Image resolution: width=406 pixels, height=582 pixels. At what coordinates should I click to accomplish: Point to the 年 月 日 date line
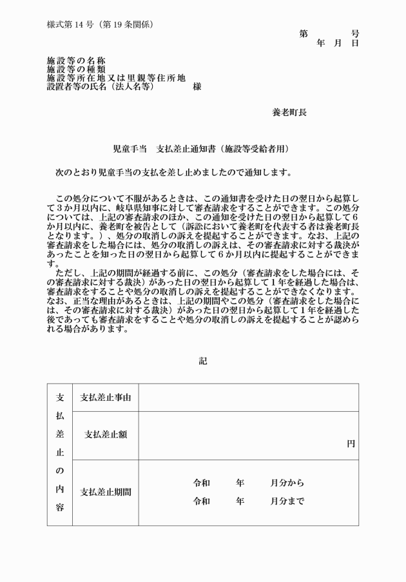tap(337, 43)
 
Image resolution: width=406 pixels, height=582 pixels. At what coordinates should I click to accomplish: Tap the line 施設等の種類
tap(76, 69)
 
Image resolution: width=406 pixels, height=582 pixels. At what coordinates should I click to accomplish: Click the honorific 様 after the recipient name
tap(197, 86)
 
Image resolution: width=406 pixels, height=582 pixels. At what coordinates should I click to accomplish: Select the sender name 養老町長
tap(289, 112)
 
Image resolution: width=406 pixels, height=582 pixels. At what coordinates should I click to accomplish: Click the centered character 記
tap(203, 361)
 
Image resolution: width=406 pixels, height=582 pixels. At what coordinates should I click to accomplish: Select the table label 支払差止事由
tap(105, 398)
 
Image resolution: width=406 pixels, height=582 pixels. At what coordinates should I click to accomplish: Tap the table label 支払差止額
tap(105, 434)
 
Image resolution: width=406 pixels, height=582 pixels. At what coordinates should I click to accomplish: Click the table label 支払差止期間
tap(105, 492)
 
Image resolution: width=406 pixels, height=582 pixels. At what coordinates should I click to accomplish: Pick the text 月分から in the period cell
tap(287, 482)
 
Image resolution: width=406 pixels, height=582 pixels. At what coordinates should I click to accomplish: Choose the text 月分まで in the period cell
tap(287, 501)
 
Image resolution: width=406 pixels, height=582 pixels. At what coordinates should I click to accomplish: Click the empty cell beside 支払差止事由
tap(248, 398)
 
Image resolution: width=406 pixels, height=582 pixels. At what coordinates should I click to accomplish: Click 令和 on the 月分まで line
tap(201, 501)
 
